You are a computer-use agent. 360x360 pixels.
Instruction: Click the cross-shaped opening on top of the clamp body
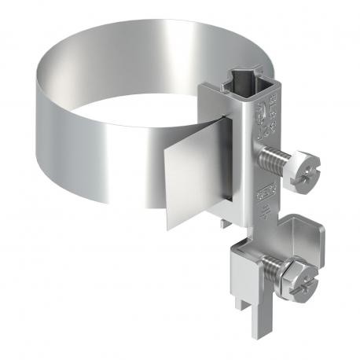tap(238, 81)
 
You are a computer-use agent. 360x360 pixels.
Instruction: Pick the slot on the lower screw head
tap(303, 277)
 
